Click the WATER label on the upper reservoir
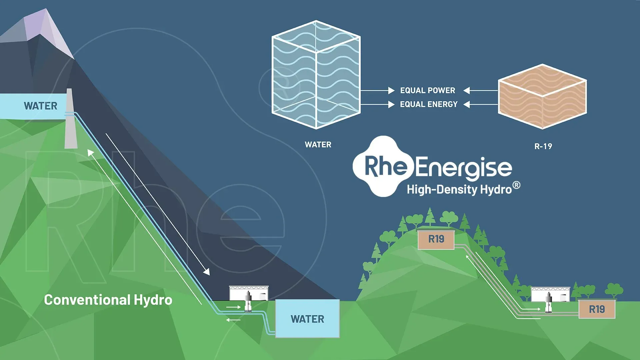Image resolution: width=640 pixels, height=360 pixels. tap(40, 106)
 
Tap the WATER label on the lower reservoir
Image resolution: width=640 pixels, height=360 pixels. tap(307, 319)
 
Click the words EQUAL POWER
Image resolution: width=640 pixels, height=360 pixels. tap(427, 90)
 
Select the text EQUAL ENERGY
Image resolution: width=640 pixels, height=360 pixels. tap(429, 104)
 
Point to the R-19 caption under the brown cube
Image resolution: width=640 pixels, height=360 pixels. tap(543, 146)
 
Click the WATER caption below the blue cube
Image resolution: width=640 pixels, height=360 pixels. tap(318, 145)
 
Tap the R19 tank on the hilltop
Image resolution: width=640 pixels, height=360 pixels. tap(436, 239)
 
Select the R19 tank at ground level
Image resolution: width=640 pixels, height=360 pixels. tap(597, 309)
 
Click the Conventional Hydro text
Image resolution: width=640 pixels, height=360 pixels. tap(108, 300)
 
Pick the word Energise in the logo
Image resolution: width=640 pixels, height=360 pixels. tap(463, 167)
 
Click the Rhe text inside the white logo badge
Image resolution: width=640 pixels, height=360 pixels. tap(386, 166)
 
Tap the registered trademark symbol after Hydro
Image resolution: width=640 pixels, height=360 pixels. tap(516, 185)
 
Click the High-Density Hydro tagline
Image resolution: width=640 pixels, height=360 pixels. tap(459, 190)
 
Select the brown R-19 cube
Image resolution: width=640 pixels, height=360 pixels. tap(542, 97)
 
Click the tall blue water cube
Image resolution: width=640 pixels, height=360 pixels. tap(316, 75)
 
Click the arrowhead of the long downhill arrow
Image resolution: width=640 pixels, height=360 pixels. tap(207, 272)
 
